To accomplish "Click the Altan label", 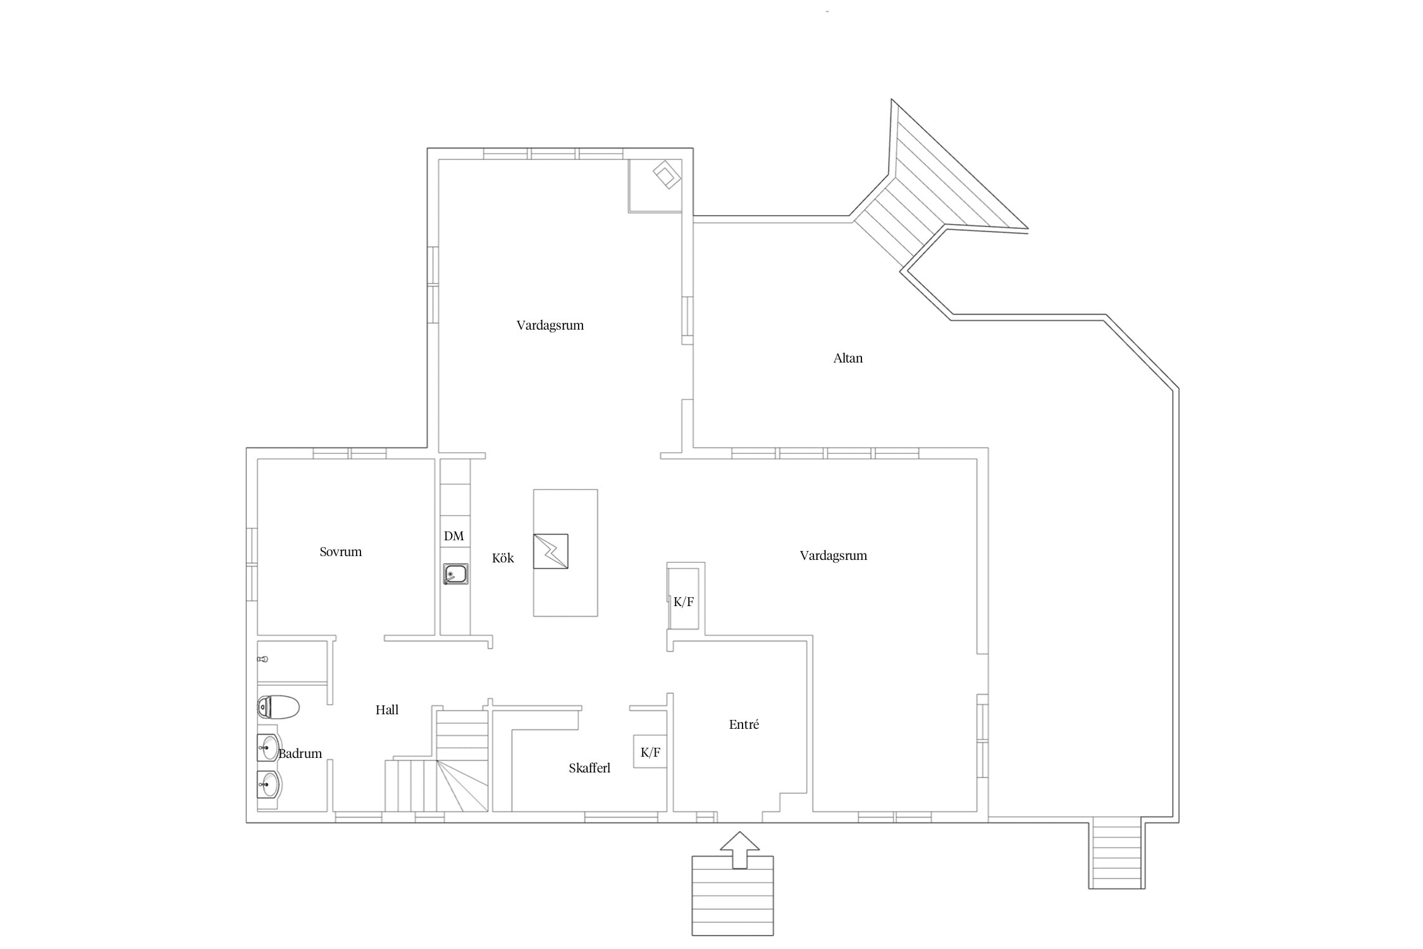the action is click(x=847, y=358).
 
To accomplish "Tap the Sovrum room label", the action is click(x=340, y=552).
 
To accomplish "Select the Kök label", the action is click(x=503, y=558).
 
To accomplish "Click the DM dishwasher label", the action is click(x=453, y=536).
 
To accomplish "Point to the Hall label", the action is click(x=387, y=710).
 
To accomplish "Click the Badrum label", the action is click(x=300, y=754).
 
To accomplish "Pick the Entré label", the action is click(x=744, y=724).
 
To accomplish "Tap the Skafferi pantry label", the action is click(x=589, y=768).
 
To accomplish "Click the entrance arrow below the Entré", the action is click(x=739, y=850).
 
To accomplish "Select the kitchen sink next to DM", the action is click(x=455, y=574).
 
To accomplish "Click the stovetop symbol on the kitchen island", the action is click(x=550, y=551).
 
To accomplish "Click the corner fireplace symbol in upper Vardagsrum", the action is click(x=667, y=175).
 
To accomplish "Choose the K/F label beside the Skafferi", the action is click(x=650, y=752).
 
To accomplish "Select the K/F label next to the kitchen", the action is click(x=683, y=602).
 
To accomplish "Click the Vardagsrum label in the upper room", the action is click(x=550, y=325).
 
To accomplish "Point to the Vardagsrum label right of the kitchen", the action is click(x=833, y=555).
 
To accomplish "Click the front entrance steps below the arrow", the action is click(x=732, y=896).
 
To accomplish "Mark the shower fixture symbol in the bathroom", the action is click(x=262, y=659).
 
